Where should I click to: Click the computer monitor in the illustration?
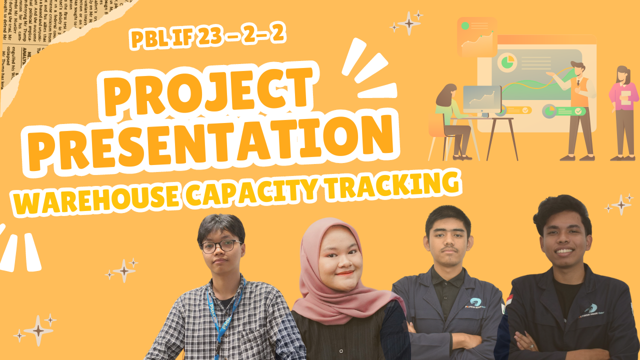click(482, 98)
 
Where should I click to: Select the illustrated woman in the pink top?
click(624, 112)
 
